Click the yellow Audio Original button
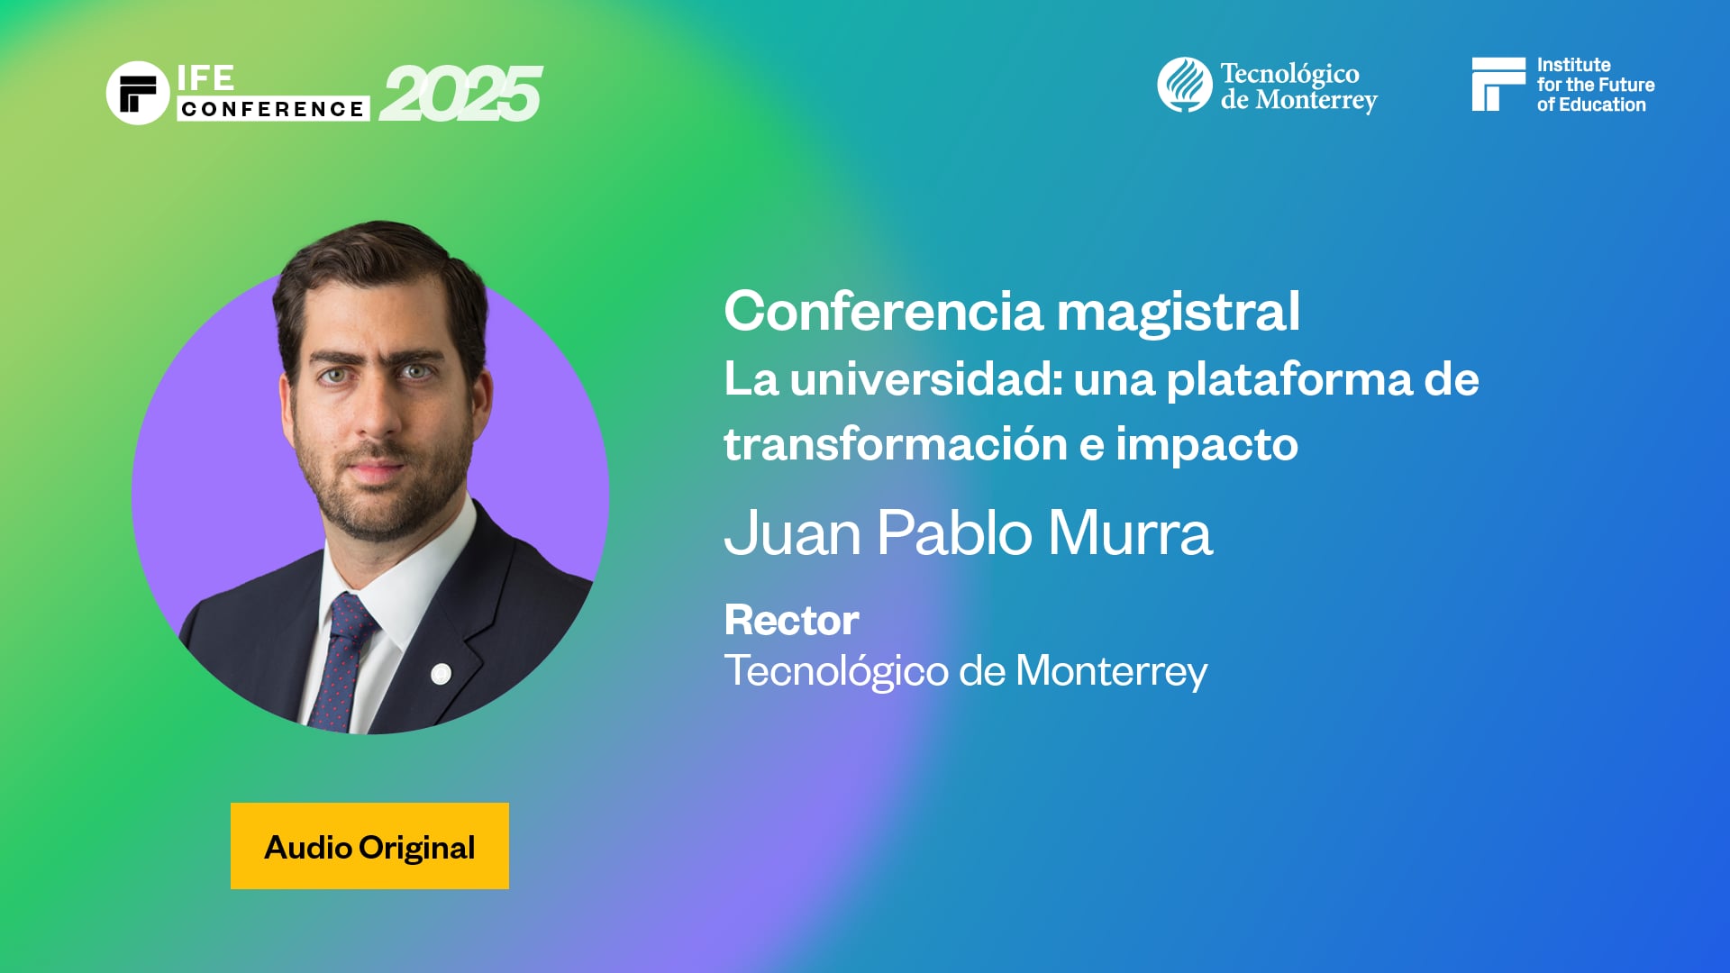(369, 846)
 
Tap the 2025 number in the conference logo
(460, 95)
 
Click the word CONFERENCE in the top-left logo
(272, 109)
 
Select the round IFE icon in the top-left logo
(138, 93)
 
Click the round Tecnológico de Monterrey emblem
(1184, 85)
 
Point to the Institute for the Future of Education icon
(1498, 85)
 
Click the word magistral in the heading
(1178, 312)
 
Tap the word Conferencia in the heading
(883, 312)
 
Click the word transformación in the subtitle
(895, 444)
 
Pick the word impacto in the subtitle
(1206, 444)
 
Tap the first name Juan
(793, 532)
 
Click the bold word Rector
(791, 620)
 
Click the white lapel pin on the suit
(441, 673)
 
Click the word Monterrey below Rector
(1111, 671)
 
